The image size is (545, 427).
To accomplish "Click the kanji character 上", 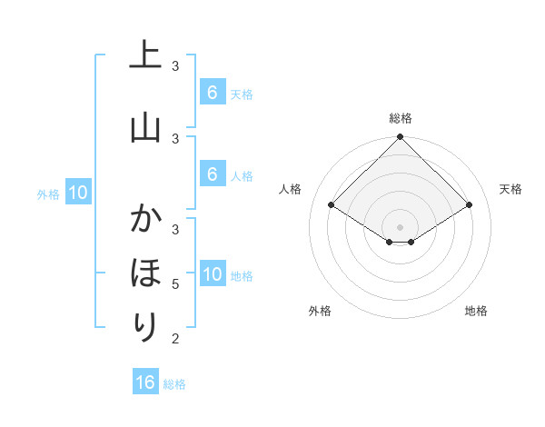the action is [x=145, y=55].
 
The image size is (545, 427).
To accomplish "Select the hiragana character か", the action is [x=145, y=221].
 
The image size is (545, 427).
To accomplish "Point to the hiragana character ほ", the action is [x=145, y=274].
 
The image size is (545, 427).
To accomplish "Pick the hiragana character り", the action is [x=145, y=327].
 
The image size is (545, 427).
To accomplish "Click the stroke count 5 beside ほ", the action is [x=175, y=284].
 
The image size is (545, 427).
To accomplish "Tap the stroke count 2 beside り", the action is [x=175, y=338].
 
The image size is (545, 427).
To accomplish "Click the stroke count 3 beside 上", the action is [x=175, y=66].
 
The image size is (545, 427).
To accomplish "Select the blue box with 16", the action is [x=145, y=382].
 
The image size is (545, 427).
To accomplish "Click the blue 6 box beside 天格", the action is [x=212, y=93].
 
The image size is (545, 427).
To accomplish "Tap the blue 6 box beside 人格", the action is [x=212, y=174].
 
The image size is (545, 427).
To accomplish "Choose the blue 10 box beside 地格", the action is [x=212, y=274].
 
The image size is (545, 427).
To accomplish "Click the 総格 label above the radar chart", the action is [x=401, y=118].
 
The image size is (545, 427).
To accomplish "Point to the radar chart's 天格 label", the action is [x=511, y=189].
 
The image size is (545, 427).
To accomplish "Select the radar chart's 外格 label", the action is [x=320, y=311].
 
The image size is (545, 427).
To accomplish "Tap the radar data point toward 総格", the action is [x=401, y=137].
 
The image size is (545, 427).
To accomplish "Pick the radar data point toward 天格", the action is [x=470, y=204].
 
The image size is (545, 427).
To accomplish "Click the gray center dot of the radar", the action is [x=401, y=226].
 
